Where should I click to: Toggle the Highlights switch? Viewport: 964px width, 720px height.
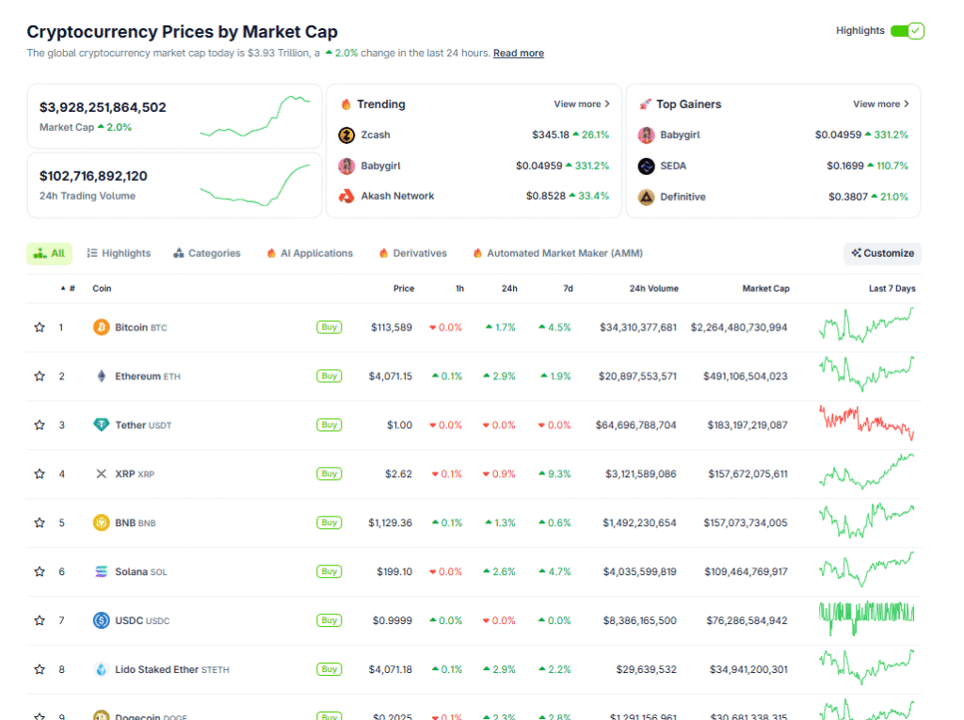[908, 31]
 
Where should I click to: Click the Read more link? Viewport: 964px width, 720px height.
[518, 54]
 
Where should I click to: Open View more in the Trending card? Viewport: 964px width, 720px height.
[581, 104]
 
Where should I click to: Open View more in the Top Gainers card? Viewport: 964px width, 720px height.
[880, 104]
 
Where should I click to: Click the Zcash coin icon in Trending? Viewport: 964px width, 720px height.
[345, 136]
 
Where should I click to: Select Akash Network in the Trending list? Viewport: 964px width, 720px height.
[397, 196]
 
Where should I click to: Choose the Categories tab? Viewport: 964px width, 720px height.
[207, 253]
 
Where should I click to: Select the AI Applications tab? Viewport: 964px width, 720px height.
[310, 253]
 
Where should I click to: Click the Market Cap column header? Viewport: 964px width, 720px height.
[765, 289]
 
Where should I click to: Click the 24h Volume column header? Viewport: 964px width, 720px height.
[653, 289]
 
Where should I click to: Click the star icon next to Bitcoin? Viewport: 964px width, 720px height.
[40, 328]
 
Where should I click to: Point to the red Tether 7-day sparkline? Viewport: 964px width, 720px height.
[866, 424]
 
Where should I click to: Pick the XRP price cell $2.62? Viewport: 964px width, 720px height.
[398, 474]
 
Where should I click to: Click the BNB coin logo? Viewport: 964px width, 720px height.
[101, 523]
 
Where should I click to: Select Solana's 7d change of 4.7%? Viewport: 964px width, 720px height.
[554, 572]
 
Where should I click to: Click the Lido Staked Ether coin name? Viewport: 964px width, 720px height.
[156, 670]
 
